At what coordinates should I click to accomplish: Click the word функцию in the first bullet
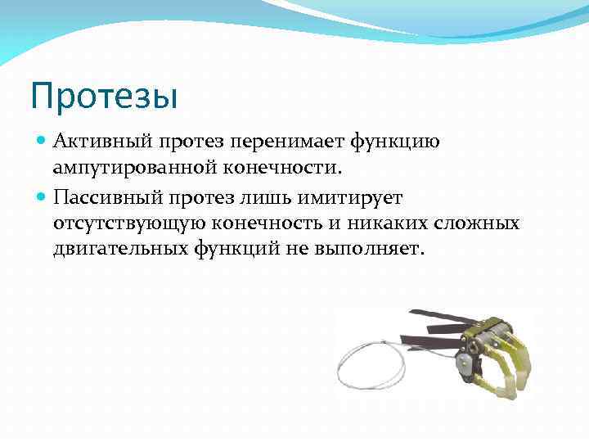click(395, 142)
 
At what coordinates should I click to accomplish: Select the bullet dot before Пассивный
click(43, 196)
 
